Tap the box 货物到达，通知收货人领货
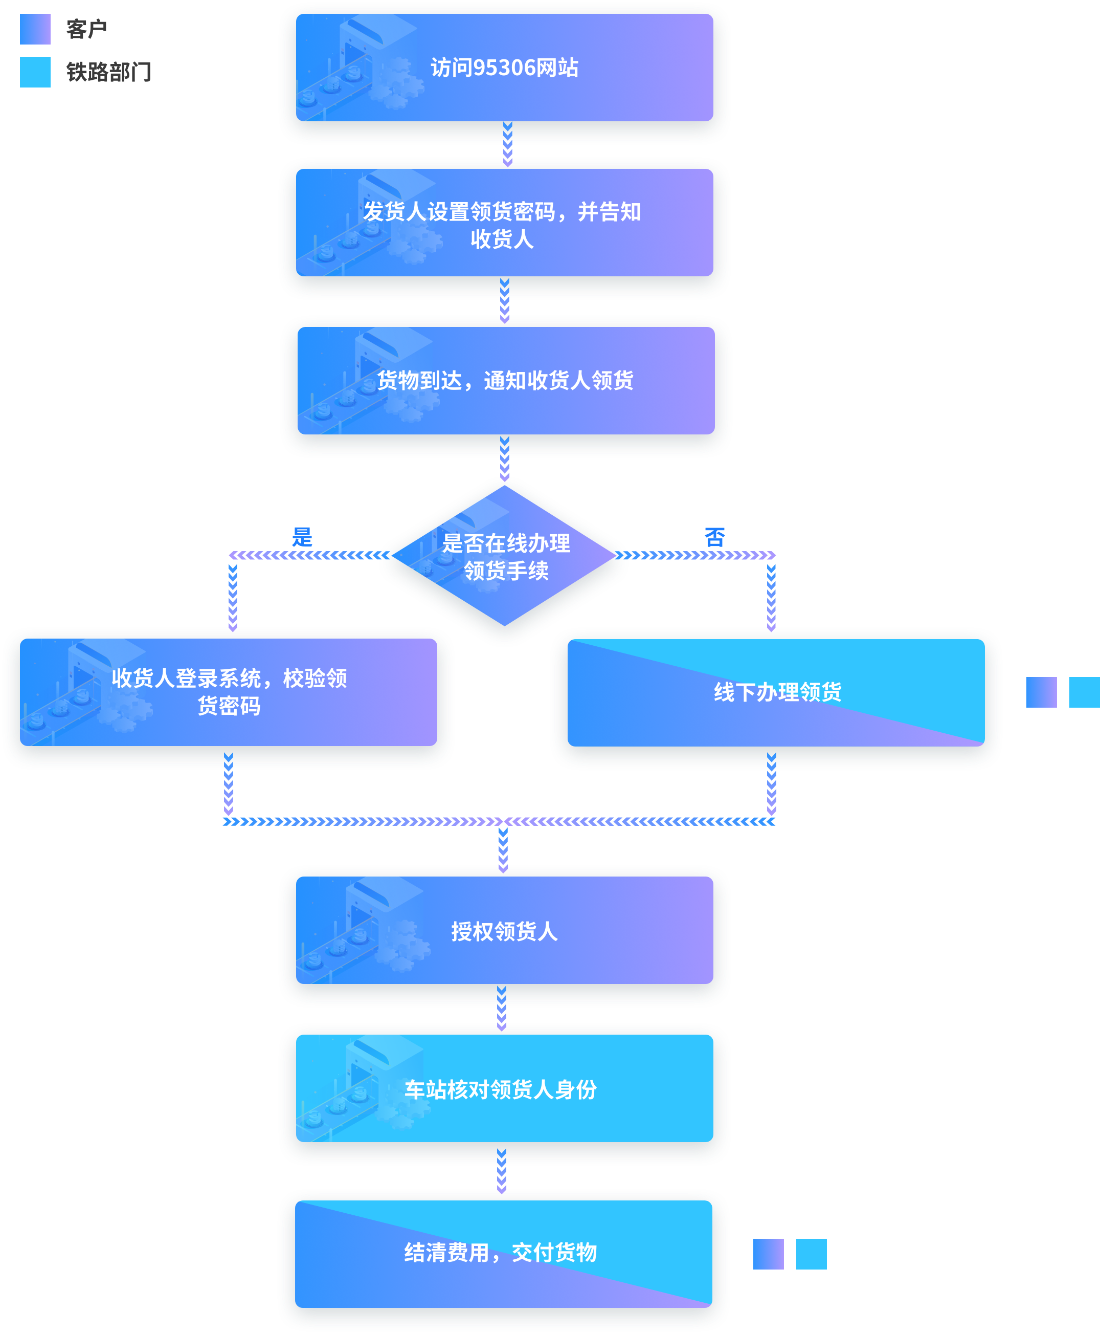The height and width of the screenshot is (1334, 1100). tap(506, 380)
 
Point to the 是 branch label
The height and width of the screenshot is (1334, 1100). tap(302, 537)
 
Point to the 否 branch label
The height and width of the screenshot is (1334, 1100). tap(715, 537)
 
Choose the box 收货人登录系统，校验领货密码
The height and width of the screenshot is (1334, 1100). tap(229, 692)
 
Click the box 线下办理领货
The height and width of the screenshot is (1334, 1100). tap(776, 692)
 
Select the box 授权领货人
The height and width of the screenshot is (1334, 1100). tap(504, 931)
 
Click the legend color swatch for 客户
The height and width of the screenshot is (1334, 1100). tap(35, 29)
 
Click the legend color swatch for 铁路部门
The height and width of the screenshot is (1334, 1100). tap(35, 72)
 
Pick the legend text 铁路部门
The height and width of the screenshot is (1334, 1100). tap(108, 72)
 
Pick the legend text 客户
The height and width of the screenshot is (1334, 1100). tap(87, 29)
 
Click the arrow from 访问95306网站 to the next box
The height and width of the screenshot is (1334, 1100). tap(507, 145)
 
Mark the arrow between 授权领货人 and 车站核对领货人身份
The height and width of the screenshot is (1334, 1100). tap(502, 1008)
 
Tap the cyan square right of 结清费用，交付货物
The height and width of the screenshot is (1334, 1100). tap(811, 1254)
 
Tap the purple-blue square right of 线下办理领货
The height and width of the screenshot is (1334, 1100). tap(1041, 692)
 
